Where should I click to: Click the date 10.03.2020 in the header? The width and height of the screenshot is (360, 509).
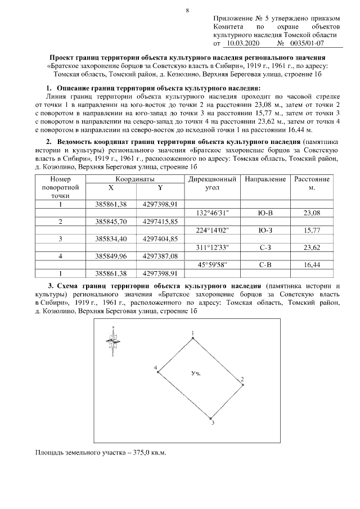(241, 43)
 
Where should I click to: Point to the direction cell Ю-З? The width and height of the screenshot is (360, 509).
(265, 230)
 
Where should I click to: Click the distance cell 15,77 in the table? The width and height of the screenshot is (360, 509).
(311, 230)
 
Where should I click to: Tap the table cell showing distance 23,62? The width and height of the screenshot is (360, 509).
(311, 247)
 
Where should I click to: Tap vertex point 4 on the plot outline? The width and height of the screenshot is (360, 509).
(159, 372)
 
